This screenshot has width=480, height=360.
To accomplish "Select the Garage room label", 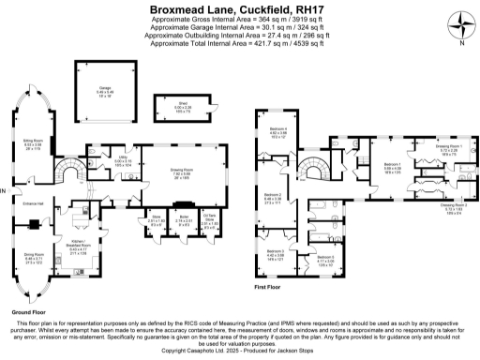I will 90,93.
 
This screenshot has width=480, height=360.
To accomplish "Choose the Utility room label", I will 122,159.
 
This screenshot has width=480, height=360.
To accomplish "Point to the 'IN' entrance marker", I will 5,193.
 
